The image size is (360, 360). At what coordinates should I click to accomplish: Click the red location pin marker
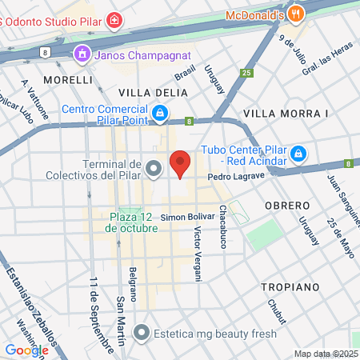click(181, 163)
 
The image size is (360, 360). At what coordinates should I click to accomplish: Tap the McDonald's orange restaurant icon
click(297, 14)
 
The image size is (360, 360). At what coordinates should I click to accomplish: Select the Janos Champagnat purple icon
click(80, 54)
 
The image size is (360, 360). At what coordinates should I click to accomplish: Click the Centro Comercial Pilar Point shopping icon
click(160, 115)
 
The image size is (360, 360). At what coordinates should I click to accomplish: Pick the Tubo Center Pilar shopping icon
click(298, 152)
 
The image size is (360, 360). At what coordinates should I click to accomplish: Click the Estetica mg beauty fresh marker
click(142, 330)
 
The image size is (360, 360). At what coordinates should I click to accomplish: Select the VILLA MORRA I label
click(286, 114)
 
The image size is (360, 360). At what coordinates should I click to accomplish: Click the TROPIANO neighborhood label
click(290, 286)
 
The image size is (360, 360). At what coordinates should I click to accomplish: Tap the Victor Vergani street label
click(198, 254)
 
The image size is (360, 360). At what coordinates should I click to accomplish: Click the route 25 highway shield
click(246, 73)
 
